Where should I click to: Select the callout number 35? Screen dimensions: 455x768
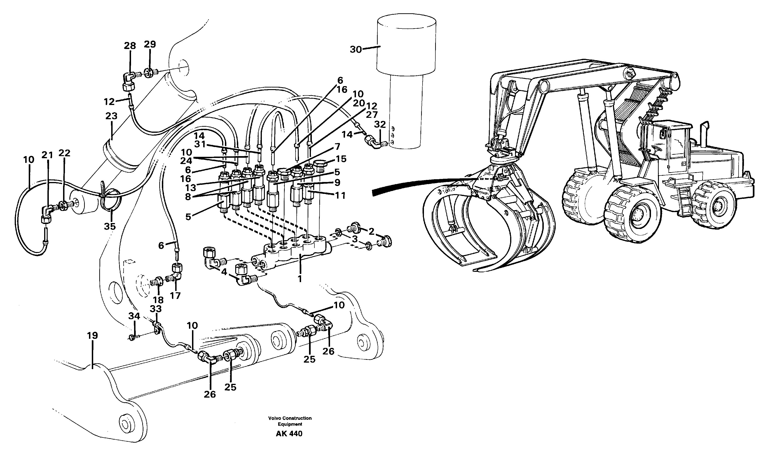point(110,227)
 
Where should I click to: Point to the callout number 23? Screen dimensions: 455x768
point(111,116)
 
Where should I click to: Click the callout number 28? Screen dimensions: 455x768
point(130,46)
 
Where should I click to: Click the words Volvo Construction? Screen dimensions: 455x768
point(290,418)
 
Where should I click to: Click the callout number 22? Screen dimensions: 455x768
point(65,153)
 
